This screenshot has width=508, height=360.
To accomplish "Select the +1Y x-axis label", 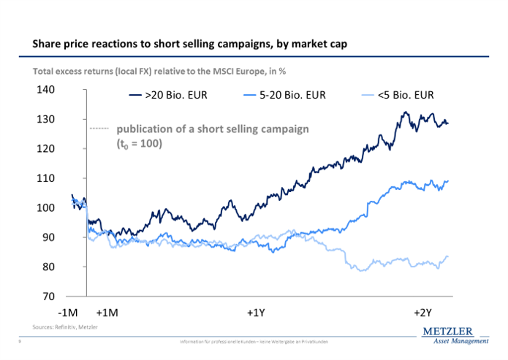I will click(256, 313).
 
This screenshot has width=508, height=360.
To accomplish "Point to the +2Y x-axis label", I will click(423, 313).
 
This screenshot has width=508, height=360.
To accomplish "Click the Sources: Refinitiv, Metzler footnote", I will click(65, 326).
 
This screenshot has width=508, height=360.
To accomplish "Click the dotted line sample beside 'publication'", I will click(99, 129).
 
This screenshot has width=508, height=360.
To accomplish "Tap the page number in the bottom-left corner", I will click(18, 342).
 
